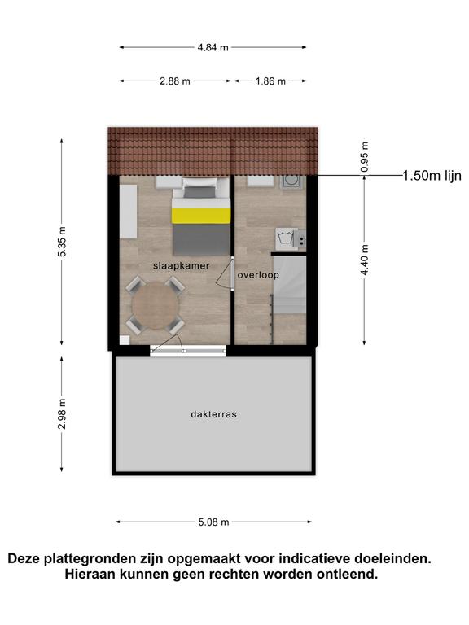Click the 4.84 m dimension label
coord(213,47)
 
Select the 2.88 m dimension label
coord(175,81)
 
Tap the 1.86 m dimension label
coord(270,81)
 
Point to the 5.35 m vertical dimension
coord(62,242)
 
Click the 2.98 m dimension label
coord(62,413)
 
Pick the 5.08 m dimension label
coord(214,522)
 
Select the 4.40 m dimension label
coord(364,260)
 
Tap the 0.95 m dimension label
coord(364,156)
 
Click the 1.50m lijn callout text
coord(432,176)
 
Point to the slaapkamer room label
coord(182,266)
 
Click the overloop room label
coord(258,274)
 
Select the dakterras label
coord(214,414)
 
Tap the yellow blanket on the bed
coord(201,215)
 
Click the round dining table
coord(156,306)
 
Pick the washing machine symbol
coord(287,238)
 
